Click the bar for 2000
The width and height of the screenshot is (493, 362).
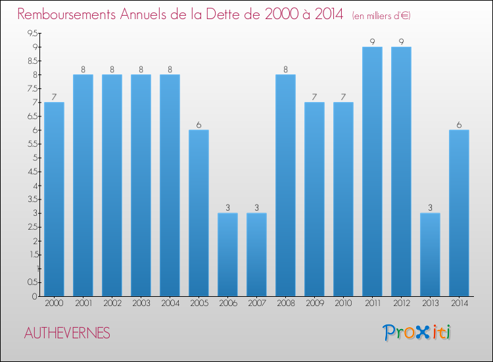(54, 199)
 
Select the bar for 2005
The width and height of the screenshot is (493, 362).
(199, 213)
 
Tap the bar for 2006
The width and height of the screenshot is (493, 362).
(227, 254)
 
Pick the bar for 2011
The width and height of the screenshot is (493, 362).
(372, 171)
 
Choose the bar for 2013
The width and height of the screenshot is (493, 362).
(430, 254)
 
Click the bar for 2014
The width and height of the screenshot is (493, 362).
(459, 213)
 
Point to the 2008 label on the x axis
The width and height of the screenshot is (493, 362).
(285, 303)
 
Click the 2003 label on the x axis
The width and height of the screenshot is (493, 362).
(141, 303)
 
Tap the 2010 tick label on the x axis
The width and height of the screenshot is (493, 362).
(343, 303)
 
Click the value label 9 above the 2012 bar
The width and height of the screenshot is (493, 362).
(401, 42)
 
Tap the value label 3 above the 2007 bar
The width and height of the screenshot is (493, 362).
(256, 208)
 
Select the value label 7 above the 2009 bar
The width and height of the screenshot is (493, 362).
(314, 97)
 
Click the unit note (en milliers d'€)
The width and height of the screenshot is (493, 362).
(381, 16)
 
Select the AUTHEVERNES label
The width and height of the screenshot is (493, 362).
(66, 333)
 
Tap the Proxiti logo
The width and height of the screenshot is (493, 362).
(417, 332)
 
